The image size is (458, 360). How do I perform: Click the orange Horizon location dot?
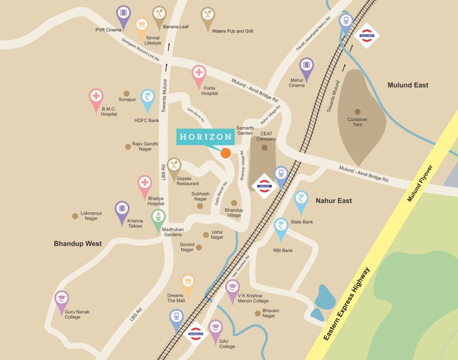tap(226, 153)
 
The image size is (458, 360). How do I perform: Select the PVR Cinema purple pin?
tap(123, 15)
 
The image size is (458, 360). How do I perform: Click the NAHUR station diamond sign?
tap(264, 186)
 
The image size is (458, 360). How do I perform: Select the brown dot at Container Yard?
tap(358, 112)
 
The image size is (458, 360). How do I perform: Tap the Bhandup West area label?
tap(78, 244)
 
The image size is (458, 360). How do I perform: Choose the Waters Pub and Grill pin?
tap(208, 16)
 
